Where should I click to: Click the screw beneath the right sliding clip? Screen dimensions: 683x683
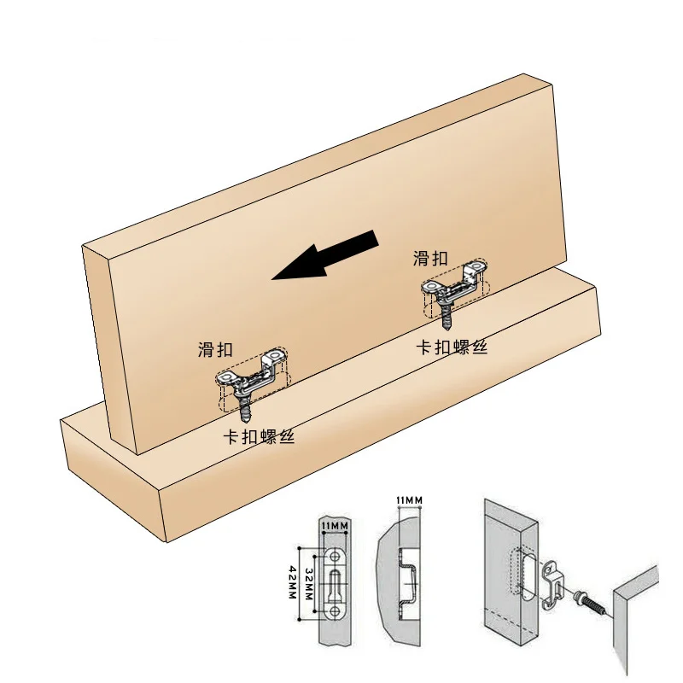click(447, 317)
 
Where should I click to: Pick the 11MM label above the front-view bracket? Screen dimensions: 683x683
click(334, 525)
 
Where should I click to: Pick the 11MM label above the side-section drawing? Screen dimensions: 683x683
click(409, 500)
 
